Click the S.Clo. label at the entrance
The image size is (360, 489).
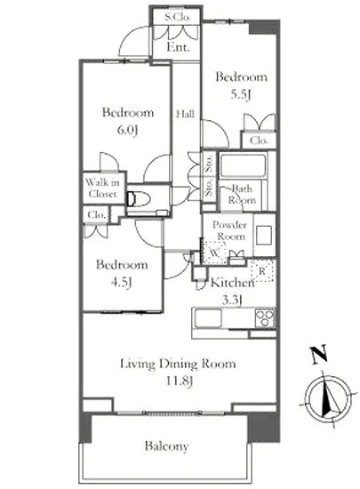click(178, 17)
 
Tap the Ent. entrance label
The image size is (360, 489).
click(178, 47)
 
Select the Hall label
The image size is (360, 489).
click(186, 114)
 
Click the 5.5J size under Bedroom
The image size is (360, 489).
click(241, 94)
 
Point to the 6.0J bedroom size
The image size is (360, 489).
click(127, 130)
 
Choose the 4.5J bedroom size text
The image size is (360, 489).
click(122, 282)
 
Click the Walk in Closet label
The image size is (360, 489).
click(102, 188)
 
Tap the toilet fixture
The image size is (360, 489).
click(139, 199)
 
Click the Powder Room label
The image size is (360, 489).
click(229, 230)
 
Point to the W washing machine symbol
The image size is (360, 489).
click(214, 253)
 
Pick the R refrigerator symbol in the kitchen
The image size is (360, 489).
click(262, 270)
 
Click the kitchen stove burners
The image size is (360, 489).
click(265, 317)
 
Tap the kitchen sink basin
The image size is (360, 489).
click(208, 318)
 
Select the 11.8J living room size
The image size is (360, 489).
click(179, 381)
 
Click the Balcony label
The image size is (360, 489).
click(167, 446)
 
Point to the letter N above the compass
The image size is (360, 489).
click(319, 355)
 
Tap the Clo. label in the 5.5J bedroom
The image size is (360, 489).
click(259, 140)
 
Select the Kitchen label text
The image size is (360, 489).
click(233, 282)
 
